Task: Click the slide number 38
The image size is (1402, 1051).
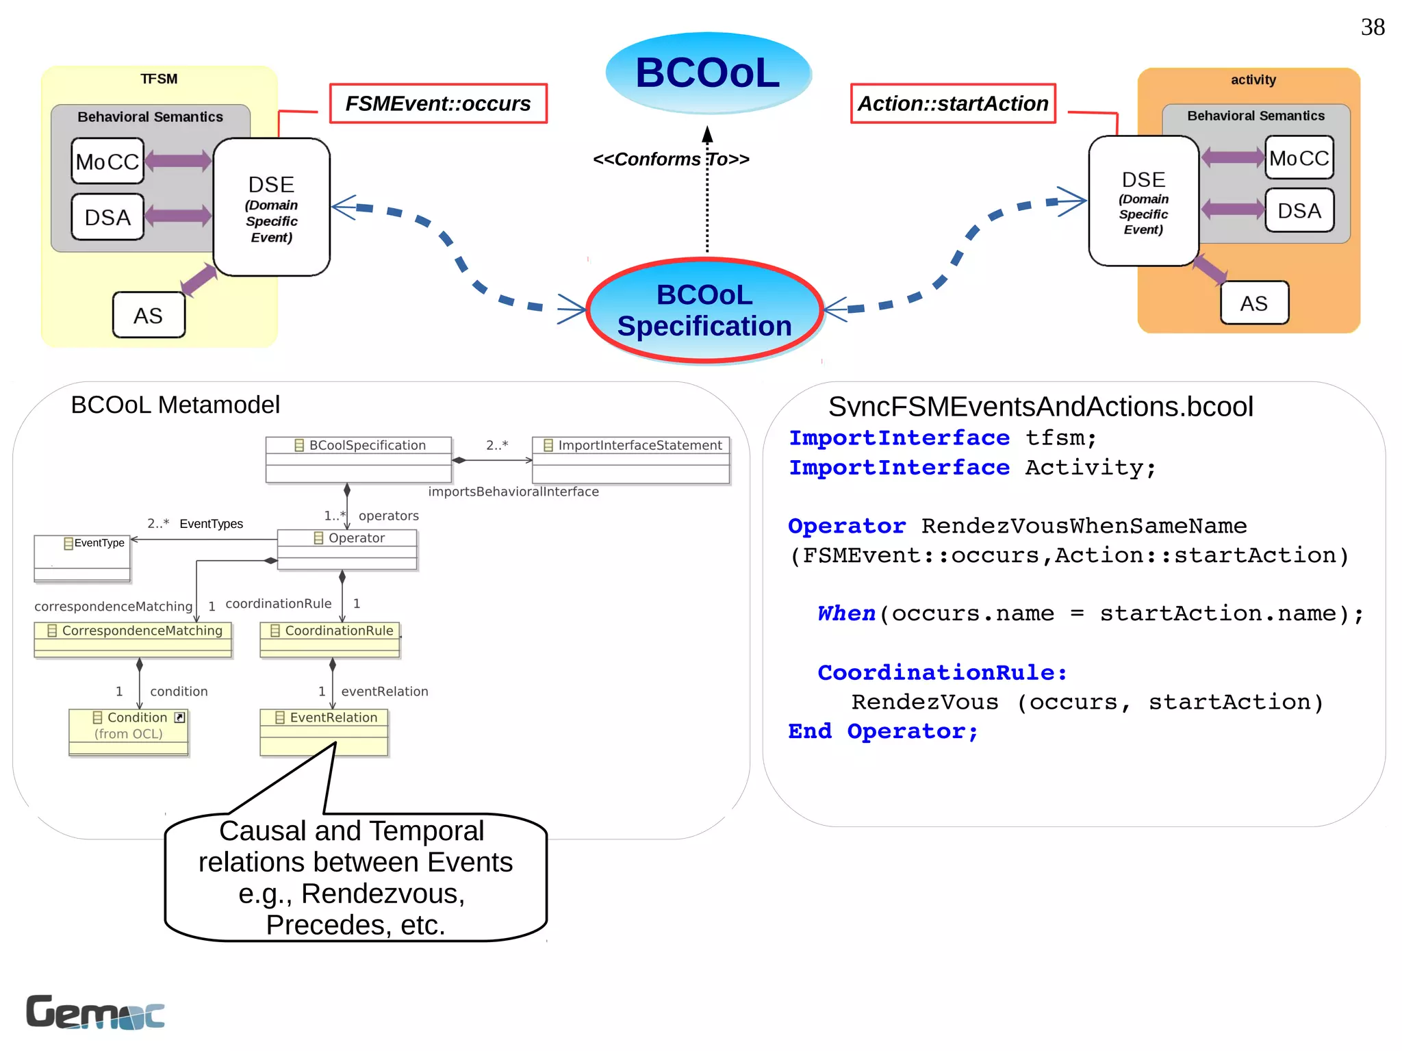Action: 1372,27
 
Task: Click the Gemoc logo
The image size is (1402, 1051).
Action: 95,1013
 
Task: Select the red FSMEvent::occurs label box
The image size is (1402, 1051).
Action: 438,103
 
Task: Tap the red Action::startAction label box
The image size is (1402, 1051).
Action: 952,103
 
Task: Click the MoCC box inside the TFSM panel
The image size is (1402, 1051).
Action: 107,162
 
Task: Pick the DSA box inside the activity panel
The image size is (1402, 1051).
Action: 1299,211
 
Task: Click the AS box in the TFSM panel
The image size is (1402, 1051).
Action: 148,316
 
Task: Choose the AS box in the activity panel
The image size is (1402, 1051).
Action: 1253,303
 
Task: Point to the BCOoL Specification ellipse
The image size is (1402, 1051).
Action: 704,311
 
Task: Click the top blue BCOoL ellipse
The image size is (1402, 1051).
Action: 708,73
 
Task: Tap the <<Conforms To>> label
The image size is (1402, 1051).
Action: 671,160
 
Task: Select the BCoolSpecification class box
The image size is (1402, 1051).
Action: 359,459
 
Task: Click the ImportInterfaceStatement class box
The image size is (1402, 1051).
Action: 631,459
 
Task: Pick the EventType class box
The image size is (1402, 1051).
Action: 82,557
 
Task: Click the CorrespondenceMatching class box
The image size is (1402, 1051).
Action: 133,639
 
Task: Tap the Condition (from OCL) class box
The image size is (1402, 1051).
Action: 129,731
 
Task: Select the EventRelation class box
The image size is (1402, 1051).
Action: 324,731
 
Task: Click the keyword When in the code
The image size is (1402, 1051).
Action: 846,613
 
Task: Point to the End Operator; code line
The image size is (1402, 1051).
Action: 883,731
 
